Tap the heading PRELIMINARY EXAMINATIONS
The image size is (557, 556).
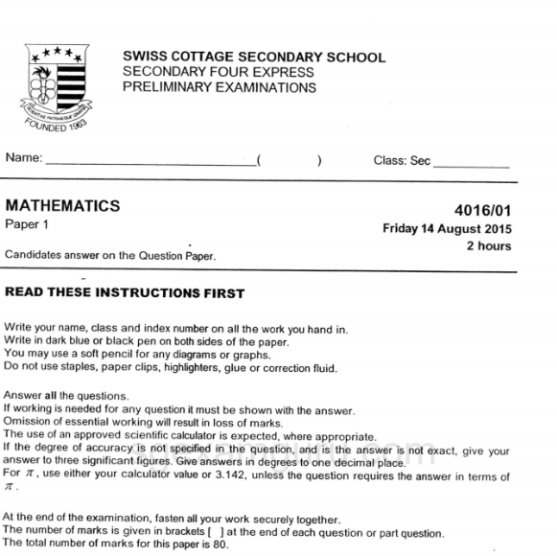pos(220,87)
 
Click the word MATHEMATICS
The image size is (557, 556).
pos(63,206)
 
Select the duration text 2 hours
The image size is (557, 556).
pos(489,246)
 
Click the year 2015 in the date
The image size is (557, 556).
pos(497,229)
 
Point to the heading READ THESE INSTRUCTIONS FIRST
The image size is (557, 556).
pos(125,293)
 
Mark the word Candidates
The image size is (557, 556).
pos(34,256)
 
